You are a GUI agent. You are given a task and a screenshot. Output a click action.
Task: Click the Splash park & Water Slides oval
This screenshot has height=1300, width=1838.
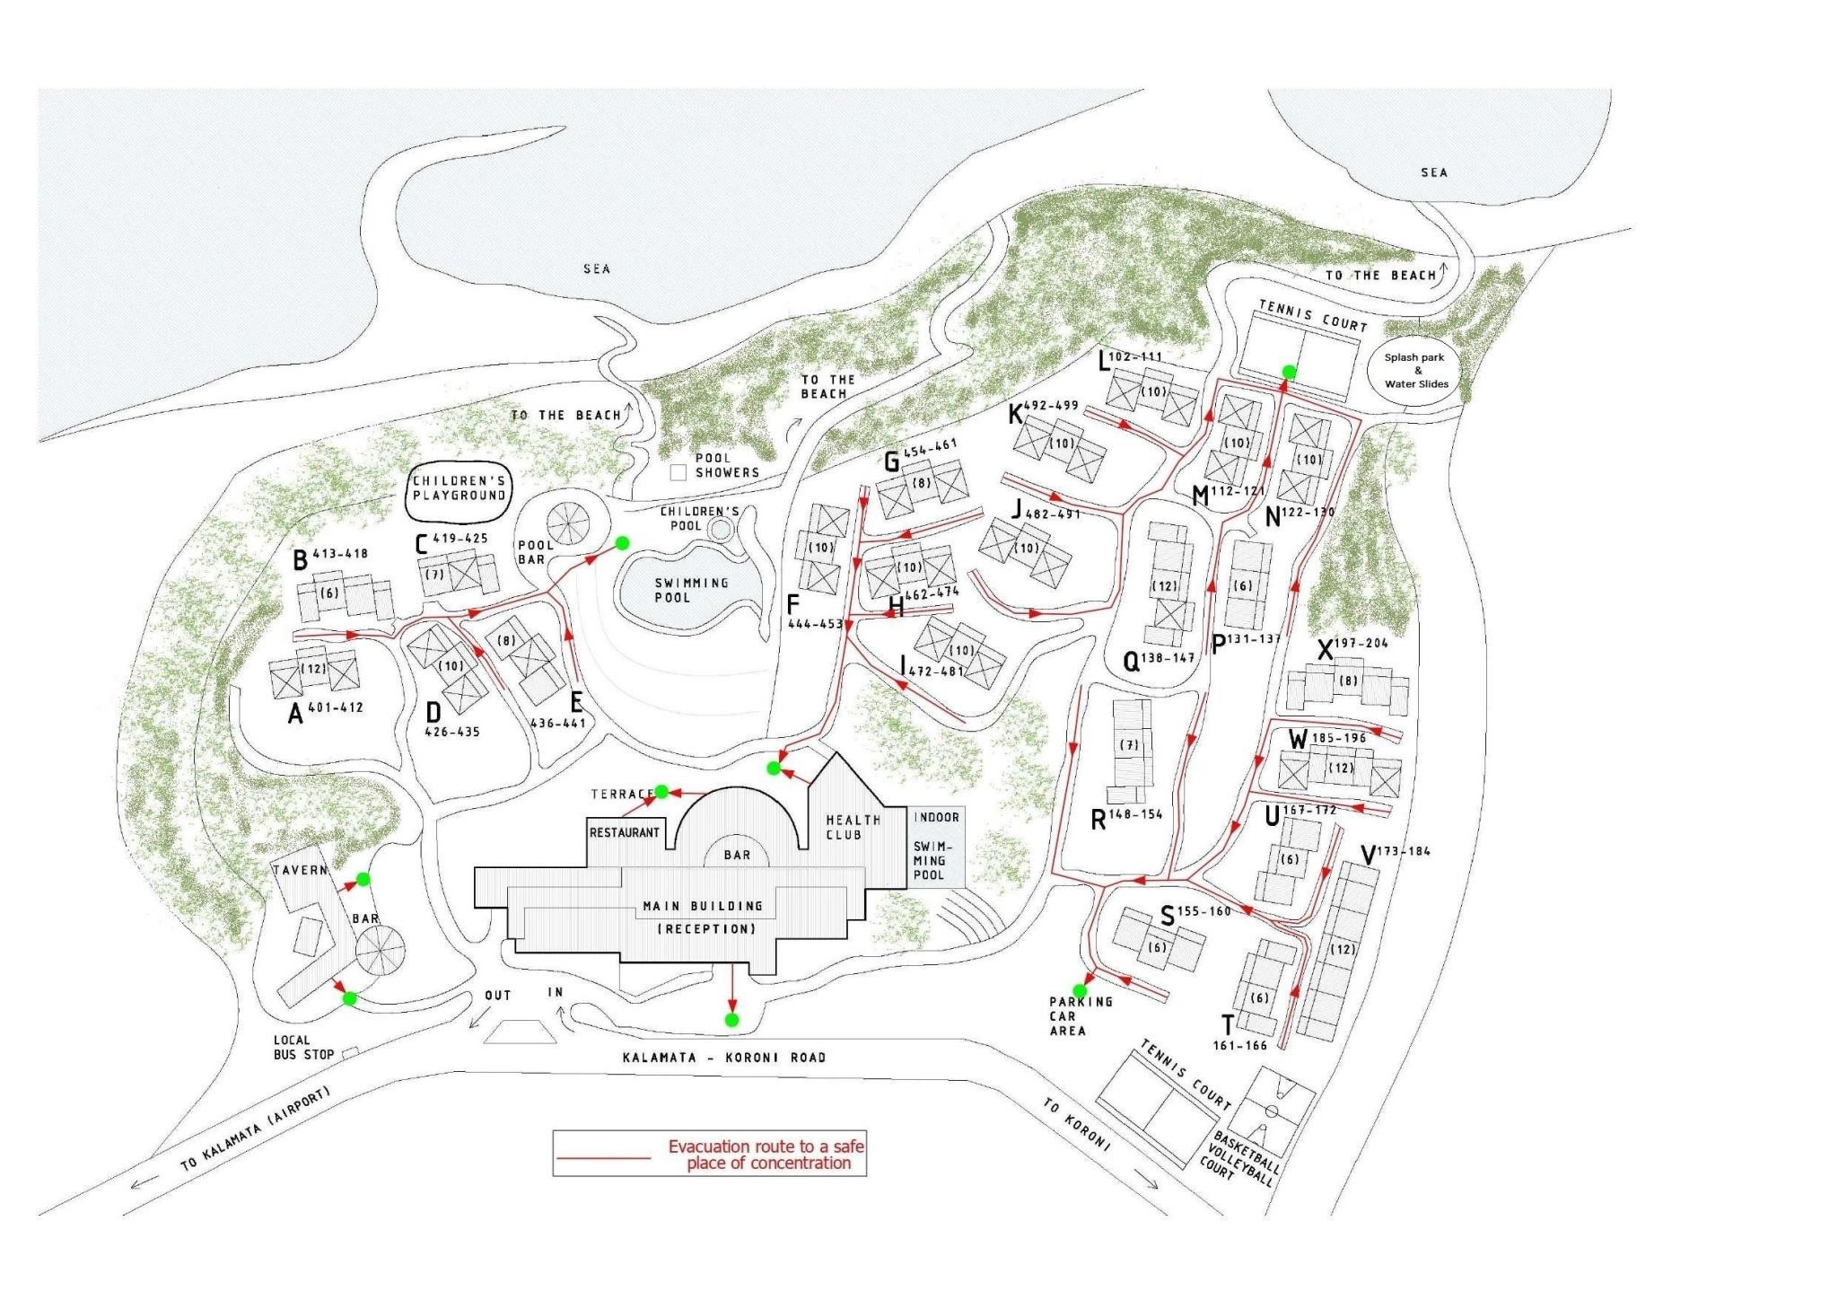point(1415,370)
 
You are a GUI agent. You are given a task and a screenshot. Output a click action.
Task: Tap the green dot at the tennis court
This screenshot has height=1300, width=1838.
point(1288,372)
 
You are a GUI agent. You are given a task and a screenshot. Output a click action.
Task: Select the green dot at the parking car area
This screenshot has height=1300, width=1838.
point(1080,991)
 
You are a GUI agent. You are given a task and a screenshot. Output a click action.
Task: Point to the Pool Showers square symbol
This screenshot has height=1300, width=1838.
point(678,471)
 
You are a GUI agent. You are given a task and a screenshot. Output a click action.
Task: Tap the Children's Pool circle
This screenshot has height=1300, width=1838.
point(720,529)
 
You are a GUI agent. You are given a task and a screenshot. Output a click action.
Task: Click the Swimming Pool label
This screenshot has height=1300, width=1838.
point(691,590)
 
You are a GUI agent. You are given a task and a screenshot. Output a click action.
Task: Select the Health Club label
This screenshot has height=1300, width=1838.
point(853,827)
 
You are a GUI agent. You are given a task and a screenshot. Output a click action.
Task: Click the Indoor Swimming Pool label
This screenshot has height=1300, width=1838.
point(936,846)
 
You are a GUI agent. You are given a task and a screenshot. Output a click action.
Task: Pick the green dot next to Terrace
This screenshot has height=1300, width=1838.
point(661,792)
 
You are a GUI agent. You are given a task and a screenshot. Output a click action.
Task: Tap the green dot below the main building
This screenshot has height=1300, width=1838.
point(731,1020)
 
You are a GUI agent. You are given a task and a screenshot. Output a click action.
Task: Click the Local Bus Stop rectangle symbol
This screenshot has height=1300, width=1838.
point(351,1050)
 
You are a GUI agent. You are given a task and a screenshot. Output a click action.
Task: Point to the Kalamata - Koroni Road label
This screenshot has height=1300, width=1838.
point(724,1058)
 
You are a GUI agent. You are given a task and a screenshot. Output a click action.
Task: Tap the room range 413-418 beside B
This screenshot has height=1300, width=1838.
point(340,554)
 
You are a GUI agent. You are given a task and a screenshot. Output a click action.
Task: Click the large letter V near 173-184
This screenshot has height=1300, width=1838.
point(1368,856)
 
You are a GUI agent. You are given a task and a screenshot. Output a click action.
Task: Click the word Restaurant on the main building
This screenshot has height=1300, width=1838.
point(625,833)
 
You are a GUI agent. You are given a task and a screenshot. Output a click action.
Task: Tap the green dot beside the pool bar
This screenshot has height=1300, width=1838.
point(621,542)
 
